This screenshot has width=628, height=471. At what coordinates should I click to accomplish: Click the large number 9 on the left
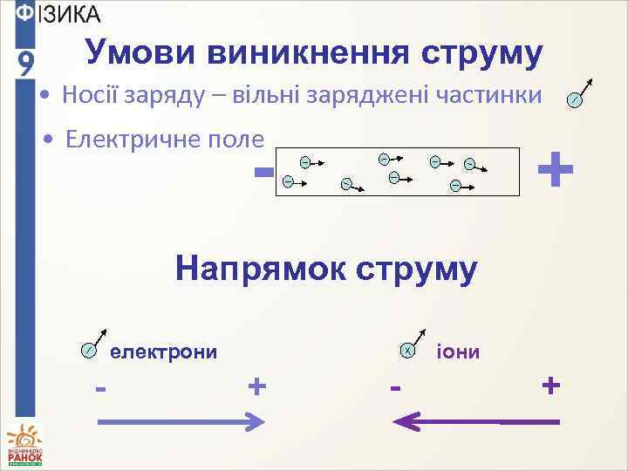click(27, 63)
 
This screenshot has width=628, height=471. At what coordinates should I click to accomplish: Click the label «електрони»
click(163, 352)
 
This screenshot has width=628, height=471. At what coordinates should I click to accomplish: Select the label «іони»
click(457, 352)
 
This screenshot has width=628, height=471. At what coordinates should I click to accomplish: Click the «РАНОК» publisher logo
click(25, 446)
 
